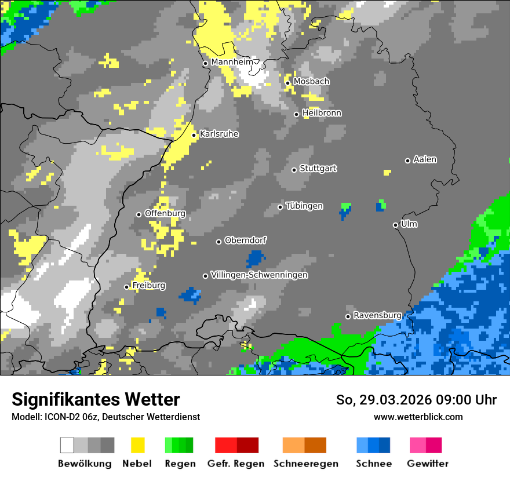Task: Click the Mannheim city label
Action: pyautogui.click(x=232, y=62)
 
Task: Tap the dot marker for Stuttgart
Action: pyautogui.click(x=294, y=170)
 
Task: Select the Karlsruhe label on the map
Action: pyautogui.click(x=219, y=134)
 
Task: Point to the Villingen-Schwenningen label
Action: pyautogui.click(x=259, y=275)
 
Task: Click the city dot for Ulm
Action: pyautogui.click(x=396, y=225)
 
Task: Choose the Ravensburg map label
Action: pyautogui.click(x=377, y=315)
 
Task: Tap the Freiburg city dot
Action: pyautogui.click(x=127, y=287)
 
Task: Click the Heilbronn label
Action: pyautogui.click(x=322, y=113)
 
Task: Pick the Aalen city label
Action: pyautogui.click(x=425, y=159)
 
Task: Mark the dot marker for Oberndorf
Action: pyautogui.click(x=219, y=242)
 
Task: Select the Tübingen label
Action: pyautogui.click(x=304, y=206)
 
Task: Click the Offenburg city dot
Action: pyautogui.click(x=139, y=214)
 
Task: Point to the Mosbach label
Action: pyautogui.click(x=311, y=81)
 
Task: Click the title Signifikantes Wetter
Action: pyautogui.click(x=96, y=399)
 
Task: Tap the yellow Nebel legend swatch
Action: pyautogui.click(x=137, y=445)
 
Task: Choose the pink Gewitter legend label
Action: pyautogui.click(x=428, y=464)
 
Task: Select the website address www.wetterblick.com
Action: pyautogui.click(x=418, y=417)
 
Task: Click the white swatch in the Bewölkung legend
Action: pyautogui.click(x=67, y=445)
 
